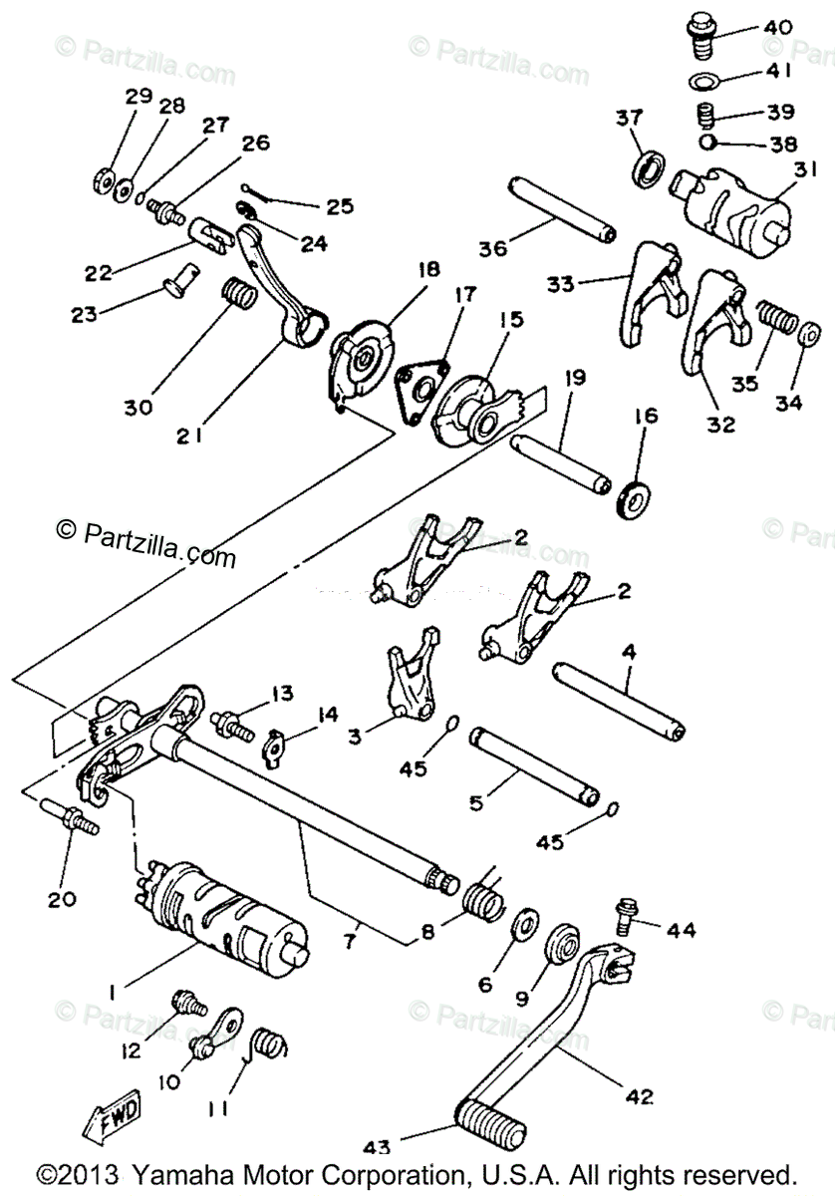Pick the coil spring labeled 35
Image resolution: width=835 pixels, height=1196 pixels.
(x=776, y=320)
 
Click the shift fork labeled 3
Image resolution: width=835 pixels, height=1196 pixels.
(x=408, y=678)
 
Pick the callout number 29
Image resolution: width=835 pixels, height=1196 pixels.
(x=138, y=97)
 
